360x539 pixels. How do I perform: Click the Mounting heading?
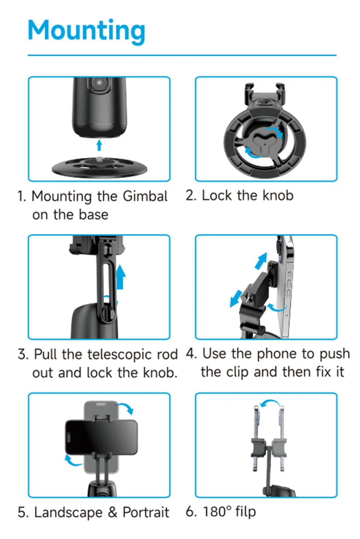[86, 31]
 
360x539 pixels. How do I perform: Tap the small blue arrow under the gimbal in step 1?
[99, 145]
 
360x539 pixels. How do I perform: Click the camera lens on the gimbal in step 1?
[99, 84]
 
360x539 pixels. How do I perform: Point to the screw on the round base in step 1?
[99, 159]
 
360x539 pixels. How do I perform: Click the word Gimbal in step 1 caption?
[145, 196]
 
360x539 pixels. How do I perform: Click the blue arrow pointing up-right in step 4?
[261, 261]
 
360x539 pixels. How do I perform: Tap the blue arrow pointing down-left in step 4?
[236, 298]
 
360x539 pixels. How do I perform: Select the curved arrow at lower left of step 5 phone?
[73, 460]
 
